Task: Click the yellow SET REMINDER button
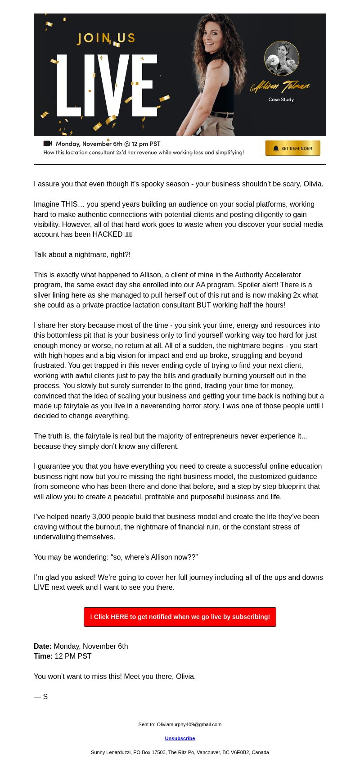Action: coord(292,148)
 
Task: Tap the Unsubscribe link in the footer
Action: coord(180,738)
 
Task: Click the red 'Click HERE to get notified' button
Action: coord(180,617)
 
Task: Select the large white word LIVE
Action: coord(107,86)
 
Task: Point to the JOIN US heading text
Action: coord(106,39)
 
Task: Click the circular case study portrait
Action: coord(282,59)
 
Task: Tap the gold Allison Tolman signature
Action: coord(280,86)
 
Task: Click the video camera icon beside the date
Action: coord(48,144)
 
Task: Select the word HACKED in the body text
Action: coord(108,235)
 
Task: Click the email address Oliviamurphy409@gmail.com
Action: coord(189,724)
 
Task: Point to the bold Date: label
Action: coord(43,646)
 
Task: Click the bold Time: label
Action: coord(43,656)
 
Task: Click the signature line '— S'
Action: coord(41,697)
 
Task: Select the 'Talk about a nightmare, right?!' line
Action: coord(82,255)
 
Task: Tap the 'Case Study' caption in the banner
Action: coord(281,99)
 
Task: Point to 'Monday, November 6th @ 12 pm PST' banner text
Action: coord(108,144)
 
